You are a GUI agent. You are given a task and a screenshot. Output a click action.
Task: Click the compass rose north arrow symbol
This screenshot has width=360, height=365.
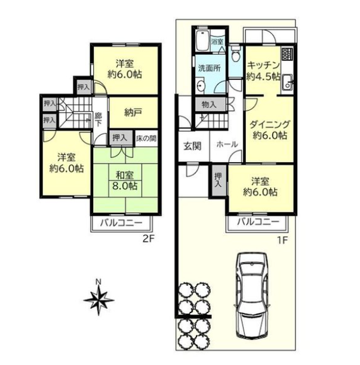point(99,299)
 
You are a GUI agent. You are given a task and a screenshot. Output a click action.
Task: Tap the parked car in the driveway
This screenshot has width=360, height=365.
point(252,295)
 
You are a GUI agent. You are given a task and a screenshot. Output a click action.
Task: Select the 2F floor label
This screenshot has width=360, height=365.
point(149,239)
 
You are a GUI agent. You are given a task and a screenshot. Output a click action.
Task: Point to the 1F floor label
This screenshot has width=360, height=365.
point(282,240)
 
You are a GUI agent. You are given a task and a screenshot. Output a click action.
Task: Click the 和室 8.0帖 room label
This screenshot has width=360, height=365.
point(125,181)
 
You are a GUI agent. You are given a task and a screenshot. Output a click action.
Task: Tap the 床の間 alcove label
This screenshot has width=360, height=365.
point(146,138)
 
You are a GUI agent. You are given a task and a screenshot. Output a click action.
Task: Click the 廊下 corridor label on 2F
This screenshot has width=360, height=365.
point(98,119)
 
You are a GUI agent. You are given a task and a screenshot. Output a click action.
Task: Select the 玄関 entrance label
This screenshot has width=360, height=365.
point(192,146)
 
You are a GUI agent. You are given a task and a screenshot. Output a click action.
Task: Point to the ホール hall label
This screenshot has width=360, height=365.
point(227,144)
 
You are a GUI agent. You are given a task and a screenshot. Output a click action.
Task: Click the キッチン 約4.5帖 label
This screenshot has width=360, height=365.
point(263,70)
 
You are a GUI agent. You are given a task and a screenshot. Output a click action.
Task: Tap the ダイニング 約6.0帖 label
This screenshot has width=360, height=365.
point(270,130)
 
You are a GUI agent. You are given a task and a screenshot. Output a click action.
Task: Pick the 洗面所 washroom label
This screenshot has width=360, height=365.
point(209,68)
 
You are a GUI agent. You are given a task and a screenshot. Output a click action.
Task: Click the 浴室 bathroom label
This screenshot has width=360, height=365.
point(217,42)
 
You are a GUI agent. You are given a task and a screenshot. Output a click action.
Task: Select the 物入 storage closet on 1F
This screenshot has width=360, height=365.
point(209,104)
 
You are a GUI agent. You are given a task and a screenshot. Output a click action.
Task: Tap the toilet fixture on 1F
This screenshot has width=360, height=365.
point(236,53)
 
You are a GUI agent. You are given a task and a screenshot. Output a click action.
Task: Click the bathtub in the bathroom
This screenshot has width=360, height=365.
point(203,41)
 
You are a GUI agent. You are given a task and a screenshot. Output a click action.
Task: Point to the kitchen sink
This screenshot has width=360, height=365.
point(288,83)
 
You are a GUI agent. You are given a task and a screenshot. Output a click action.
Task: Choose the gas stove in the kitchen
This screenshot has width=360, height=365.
point(287,54)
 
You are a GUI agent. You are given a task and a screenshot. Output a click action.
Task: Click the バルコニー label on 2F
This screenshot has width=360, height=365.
point(121,223)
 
